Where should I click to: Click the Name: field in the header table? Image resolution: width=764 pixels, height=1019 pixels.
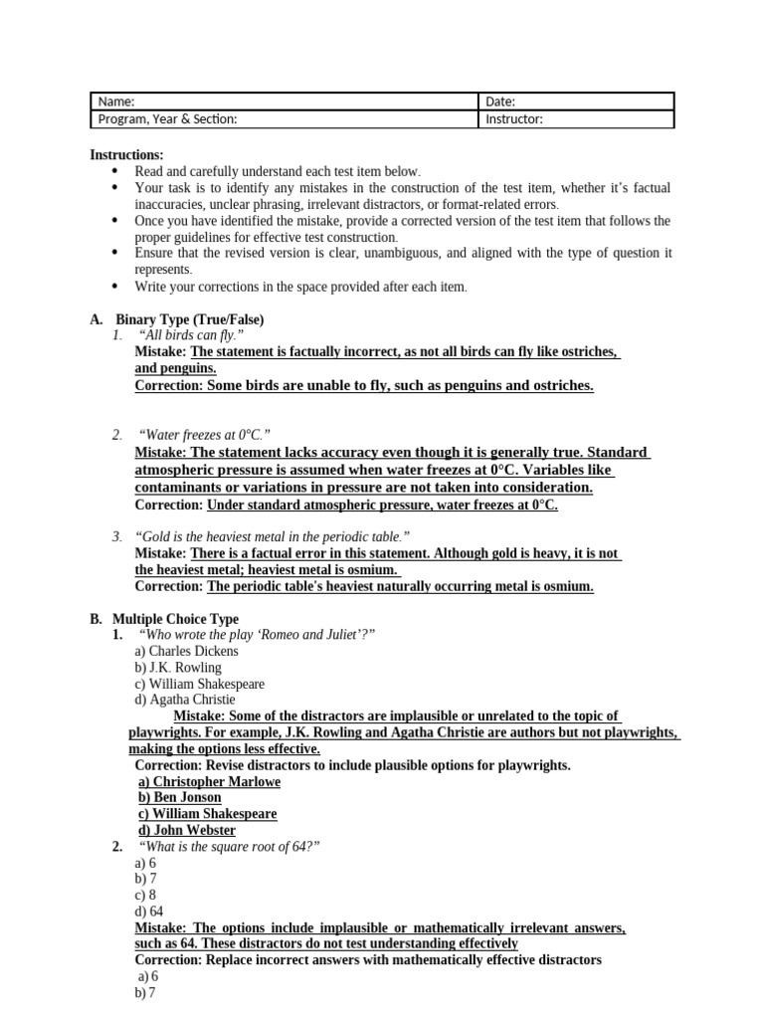pyautogui.click(x=284, y=102)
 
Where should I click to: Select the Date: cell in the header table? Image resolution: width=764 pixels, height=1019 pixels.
pyautogui.click(x=576, y=102)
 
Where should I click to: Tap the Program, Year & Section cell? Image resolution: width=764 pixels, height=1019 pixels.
pyautogui.click(x=284, y=119)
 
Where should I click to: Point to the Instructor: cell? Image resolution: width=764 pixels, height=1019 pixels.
pyautogui.click(x=576, y=119)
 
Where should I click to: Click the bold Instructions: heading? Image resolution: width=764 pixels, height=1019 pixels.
pyautogui.click(x=127, y=155)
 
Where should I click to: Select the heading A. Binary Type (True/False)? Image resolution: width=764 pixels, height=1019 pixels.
pyautogui.click(x=177, y=319)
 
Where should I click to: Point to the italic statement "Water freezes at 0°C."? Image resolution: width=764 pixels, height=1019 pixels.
pyautogui.click(x=206, y=435)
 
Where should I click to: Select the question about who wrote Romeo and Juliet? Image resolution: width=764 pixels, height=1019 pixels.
pyautogui.click(x=259, y=635)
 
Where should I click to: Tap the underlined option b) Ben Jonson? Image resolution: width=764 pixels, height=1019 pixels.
pyautogui.click(x=180, y=797)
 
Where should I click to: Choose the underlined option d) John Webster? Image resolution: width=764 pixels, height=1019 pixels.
pyautogui.click(x=187, y=830)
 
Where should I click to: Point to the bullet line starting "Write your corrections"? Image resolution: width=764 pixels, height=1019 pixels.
pyautogui.click(x=300, y=287)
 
